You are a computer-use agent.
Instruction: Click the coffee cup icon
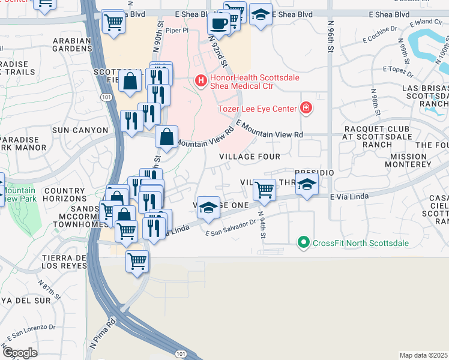(218, 23)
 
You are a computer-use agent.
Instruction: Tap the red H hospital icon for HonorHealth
(201, 79)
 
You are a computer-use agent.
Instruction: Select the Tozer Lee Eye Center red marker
(306, 108)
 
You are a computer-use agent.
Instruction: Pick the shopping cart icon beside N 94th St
(264, 190)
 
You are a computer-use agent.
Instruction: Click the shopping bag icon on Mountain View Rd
(166, 137)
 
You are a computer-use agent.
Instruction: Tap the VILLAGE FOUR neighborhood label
(249, 157)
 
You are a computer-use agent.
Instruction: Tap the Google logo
(20, 352)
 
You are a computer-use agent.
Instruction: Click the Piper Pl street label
(178, 29)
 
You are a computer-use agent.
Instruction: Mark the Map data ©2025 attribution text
(423, 355)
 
